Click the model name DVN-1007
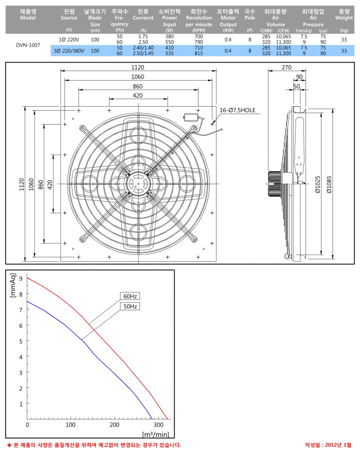pyautogui.click(x=28, y=45)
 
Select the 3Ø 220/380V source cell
pyautogui.click(x=69, y=51)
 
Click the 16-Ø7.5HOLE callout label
pyautogui.click(x=237, y=110)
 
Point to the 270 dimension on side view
pyautogui.click(x=286, y=67)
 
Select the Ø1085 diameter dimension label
pyautogui.click(x=329, y=184)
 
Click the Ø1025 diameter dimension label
pyautogui.click(x=317, y=184)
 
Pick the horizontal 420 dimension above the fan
pyautogui.click(x=137, y=95)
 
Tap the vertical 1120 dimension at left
pyautogui.click(x=22, y=184)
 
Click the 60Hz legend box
pyautogui.click(x=130, y=296)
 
